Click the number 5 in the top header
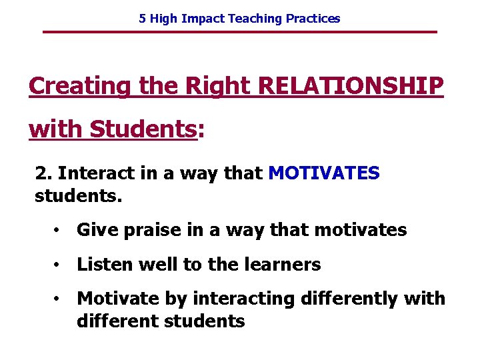tap(142, 19)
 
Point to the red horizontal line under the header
tap(240, 32)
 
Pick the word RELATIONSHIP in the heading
tap(350, 86)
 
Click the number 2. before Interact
tap(43, 174)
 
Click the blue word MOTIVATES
tap(323, 174)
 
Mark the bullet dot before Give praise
tap(59, 231)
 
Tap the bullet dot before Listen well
tap(59, 265)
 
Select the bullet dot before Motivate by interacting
tap(59, 299)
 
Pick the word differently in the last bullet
tap(363, 299)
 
